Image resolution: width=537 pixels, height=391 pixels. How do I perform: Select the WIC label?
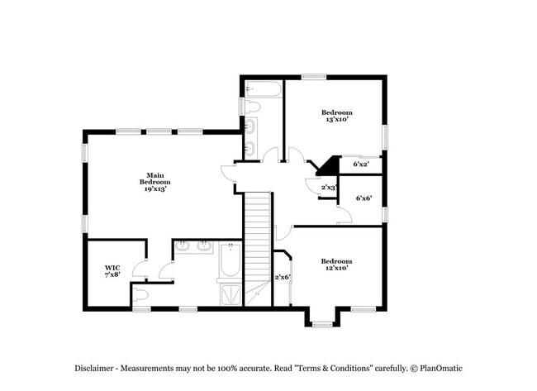point(112,267)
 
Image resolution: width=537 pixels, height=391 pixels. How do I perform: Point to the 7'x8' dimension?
point(112,274)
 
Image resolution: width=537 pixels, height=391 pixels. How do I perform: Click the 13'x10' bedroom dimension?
point(336,120)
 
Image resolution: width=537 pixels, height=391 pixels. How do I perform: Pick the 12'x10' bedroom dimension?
point(336,268)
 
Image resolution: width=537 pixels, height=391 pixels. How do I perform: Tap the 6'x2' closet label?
point(361,164)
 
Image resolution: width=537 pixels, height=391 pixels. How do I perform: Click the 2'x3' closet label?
point(328,188)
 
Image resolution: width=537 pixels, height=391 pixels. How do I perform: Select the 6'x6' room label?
point(363,198)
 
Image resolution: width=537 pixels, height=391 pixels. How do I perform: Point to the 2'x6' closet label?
point(283,277)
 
